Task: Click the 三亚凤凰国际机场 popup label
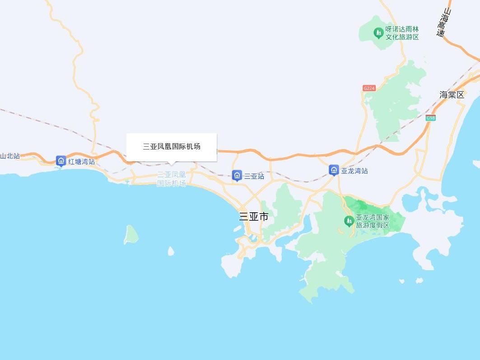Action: coord(172,146)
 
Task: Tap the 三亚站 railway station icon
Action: coord(237,176)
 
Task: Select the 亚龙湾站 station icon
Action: coord(334,170)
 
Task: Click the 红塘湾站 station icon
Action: coord(61,161)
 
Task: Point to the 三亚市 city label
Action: coord(253,217)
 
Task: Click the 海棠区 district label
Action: coord(452,95)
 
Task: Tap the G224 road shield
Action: coord(369,88)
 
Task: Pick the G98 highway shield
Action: coord(430,118)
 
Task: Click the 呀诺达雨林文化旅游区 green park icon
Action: coord(378,33)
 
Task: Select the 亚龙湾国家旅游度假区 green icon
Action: coord(349,221)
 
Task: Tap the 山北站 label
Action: coord(10,156)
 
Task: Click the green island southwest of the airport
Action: coord(131,234)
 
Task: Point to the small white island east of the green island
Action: coord(171,251)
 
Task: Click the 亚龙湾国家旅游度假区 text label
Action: coord(373,221)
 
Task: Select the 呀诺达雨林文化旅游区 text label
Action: coord(402,33)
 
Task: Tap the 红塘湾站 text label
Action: coord(82,161)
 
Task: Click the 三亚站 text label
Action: coord(254,176)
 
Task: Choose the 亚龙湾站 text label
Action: coord(354,171)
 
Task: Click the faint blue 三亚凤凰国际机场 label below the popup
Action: coord(171,179)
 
